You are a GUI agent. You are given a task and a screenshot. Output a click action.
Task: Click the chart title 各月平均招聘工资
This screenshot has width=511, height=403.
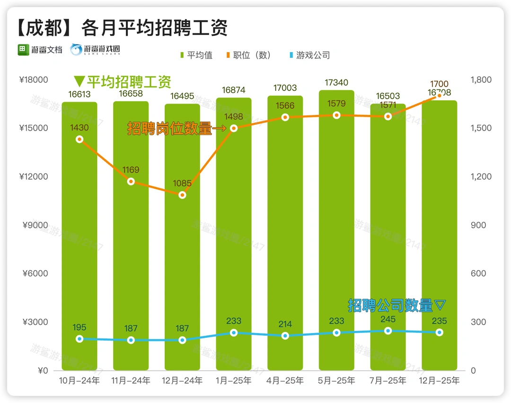[154, 28]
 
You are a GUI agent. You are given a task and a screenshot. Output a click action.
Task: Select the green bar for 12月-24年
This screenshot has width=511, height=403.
[182, 237]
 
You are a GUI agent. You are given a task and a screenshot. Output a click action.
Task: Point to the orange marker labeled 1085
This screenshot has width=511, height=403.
[182, 195]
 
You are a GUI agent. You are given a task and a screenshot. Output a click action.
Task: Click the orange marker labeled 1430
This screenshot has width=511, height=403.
[79, 139]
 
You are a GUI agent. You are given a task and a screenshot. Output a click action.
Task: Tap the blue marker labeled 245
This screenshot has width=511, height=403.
[388, 331]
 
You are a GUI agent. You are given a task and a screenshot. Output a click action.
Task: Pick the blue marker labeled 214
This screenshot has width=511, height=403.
[285, 335]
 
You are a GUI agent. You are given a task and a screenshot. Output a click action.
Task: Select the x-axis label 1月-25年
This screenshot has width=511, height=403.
[234, 380]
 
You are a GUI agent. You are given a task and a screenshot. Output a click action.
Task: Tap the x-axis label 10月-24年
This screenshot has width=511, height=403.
[79, 380]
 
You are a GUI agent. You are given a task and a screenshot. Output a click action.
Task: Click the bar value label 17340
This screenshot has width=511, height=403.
[336, 83]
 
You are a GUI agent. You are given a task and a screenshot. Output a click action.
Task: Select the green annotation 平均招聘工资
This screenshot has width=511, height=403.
[128, 82]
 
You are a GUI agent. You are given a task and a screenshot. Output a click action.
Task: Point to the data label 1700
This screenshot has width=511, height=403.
[440, 85]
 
